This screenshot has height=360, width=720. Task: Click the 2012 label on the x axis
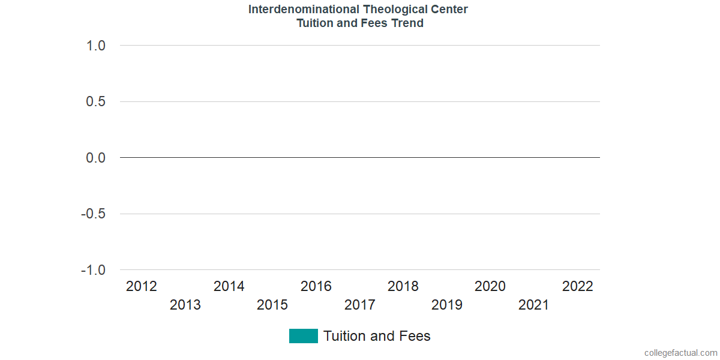(x=142, y=286)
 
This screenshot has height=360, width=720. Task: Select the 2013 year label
(x=185, y=305)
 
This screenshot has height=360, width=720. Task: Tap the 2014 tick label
(x=229, y=286)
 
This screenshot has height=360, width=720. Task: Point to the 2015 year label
(x=272, y=305)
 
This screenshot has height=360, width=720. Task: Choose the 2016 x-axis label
(x=316, y=286)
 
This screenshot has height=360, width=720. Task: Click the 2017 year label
(x=360, y=305)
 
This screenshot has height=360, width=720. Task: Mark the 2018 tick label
(x=403, y=286)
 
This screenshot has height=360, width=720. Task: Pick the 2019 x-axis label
(x=447, y=305)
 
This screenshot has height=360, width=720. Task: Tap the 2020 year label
(x=490, y=286)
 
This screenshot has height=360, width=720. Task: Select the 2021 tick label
(x=533, y=305)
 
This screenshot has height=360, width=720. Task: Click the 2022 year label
(x=577, y=286)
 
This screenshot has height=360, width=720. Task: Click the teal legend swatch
(x=303, y=336)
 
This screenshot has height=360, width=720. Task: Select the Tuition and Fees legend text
(x=377, y=336)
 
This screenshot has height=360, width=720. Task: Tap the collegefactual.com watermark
(x=680, y=353)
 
